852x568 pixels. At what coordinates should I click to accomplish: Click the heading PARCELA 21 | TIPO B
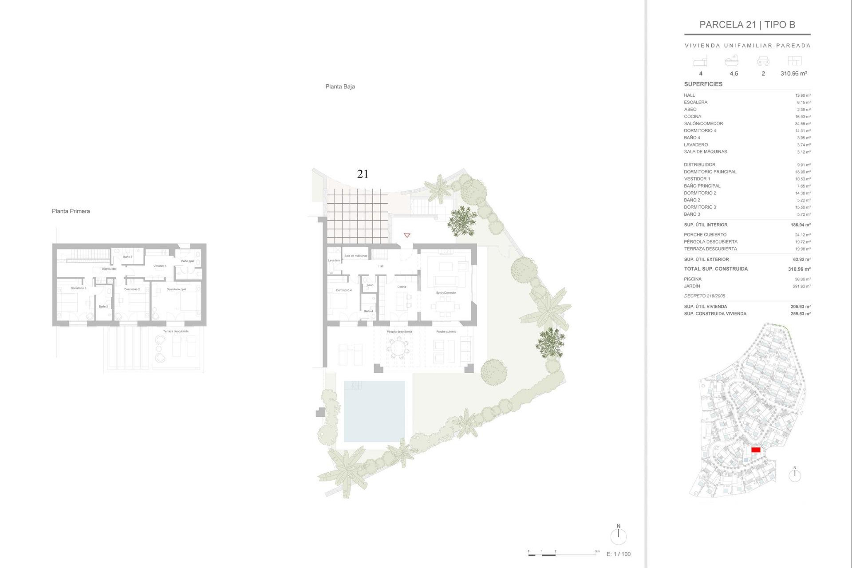click(x=747, y=25)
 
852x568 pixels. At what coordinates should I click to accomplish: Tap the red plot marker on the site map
click(x=756, y=450)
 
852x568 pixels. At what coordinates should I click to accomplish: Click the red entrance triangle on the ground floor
click(x=407, y=235)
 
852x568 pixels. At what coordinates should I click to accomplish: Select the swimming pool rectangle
click(x=374, y=411)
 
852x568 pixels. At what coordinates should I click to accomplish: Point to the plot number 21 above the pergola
click(x=363, y=174)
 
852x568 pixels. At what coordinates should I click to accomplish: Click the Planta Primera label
click(x=71, y=211)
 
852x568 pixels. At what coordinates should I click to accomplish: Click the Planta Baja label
click(x=340, y=87)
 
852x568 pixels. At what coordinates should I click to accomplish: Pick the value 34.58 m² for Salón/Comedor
click(x=802, y=124)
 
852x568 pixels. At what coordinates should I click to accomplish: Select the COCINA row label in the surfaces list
click(x=692, y=117)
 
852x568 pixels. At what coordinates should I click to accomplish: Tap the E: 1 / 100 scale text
click(x=618, y=554)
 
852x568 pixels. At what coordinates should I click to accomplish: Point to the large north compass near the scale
click(x=618, y=536)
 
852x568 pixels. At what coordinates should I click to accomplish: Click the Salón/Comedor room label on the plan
click(x=446, y=293)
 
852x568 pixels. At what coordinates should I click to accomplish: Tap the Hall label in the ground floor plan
click(x=381, y=266)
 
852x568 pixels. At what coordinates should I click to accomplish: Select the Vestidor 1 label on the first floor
click(x=160, y=266)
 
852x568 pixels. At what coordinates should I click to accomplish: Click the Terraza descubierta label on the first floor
click(x=176, y=331)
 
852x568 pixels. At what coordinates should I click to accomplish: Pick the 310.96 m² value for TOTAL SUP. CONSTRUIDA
click(x=799, y=269)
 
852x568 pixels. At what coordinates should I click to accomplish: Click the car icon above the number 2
click(x=763, y=61)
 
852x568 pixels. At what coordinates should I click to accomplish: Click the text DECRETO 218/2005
click(x=704, y=296)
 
